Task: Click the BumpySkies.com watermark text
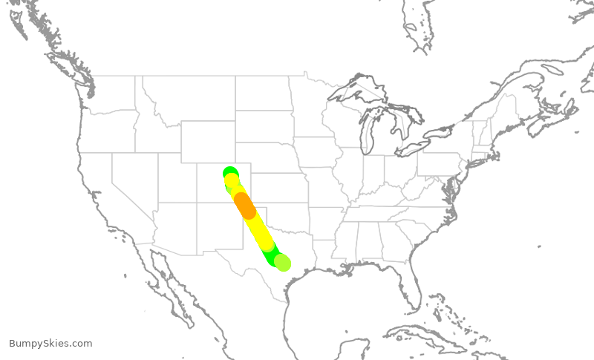tap(50, 344)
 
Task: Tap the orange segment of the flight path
tap(245, 206)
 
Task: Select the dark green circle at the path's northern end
tap(229, 173)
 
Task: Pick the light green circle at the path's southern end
tap(282, 262)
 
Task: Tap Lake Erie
tap(420, 145)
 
